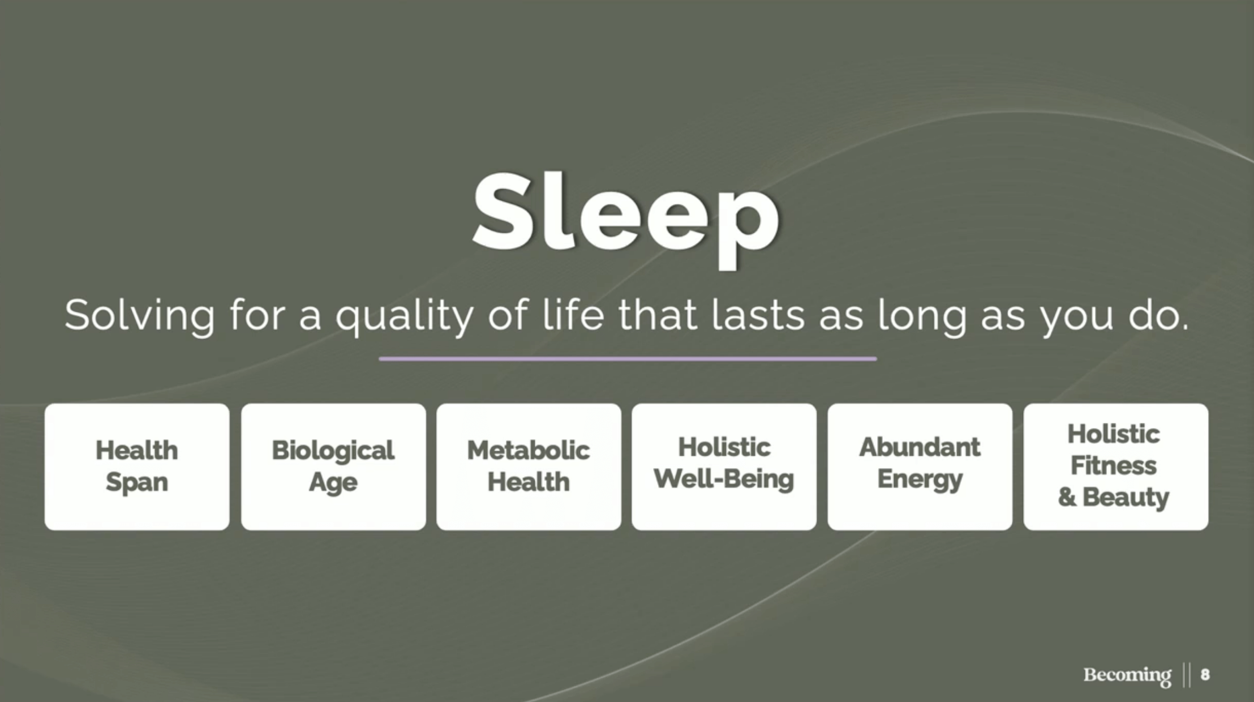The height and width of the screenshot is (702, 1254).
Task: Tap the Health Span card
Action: click(x=137, y=466)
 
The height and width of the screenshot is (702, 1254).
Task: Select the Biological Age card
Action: click(x=333, y=466)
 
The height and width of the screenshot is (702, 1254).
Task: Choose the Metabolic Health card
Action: click(x=529, y=466)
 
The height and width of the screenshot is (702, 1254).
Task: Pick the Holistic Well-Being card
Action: click(x=724, y=466)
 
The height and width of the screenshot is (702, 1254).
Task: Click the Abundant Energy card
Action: click(x=920, y=466)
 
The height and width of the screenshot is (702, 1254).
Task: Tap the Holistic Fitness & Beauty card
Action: click(x=1116, y=466)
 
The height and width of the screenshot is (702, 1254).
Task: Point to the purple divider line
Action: click(x=628, y=358)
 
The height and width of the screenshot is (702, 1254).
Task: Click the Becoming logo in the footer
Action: click(x=1127, y=675)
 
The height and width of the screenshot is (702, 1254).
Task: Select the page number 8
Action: click(x=1205, y=674)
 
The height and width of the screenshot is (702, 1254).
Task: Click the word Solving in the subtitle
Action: click(x=140, y=316)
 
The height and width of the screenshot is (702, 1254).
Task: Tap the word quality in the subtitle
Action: click(x=404, y=317)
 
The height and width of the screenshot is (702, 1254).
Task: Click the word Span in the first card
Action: click(x=137, y=483)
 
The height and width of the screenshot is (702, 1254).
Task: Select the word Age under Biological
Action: click(x=333, y=483)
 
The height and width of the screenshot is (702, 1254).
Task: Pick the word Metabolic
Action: click(x=529, y=451)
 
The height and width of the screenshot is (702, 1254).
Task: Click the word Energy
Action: click(x=920, y=480)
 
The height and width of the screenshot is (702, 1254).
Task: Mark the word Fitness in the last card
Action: click(x=1114, y=466)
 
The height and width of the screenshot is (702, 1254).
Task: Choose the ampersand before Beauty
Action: click(x=1067, y=497)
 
